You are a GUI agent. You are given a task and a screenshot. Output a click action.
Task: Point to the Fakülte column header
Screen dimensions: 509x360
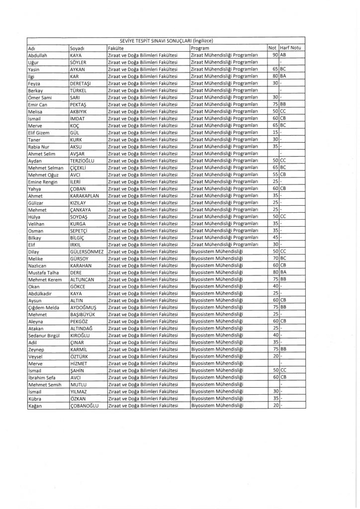(115, 48)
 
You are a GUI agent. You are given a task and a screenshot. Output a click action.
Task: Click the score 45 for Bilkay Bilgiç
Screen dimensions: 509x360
(275, 238)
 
